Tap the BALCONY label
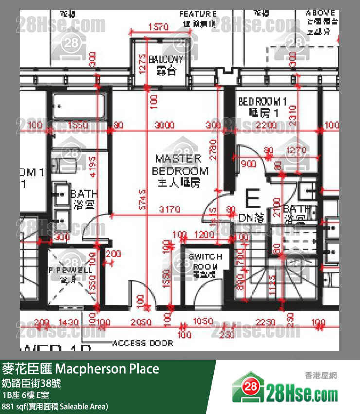tap(166, 65)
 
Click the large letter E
tap(252, 200)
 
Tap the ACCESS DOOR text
tap(143, 343)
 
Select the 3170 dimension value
tap(169, 209)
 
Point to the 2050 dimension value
tap(142, 322)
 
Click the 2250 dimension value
tap(266, 322)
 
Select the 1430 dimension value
tap(69, 322)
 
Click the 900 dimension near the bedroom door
tap(248, 164)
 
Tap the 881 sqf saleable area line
tap(55, 406)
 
